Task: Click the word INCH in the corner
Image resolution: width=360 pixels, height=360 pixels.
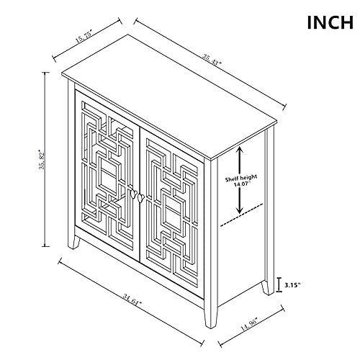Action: (x=330, y=22)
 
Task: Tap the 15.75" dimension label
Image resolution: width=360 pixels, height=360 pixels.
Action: (x=84, y=37)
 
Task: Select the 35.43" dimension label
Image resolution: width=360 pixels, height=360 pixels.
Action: (x=212, y=60)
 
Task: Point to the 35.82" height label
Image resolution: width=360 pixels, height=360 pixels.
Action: (x=42, y=160)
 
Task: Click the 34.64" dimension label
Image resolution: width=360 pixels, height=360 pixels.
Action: (x=132, y=300)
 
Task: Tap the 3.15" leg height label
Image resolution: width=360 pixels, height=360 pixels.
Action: (x=292, y=285)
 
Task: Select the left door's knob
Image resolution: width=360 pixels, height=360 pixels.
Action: (x=133, y=194)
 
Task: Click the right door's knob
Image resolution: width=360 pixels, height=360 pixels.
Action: (x=141, y=197)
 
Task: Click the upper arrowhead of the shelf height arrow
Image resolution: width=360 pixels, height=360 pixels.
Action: (x=240, y=150)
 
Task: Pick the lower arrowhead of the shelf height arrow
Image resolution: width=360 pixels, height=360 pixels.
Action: (x=240, y=210)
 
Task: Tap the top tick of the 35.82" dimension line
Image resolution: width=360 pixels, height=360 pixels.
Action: (x=45, y=72)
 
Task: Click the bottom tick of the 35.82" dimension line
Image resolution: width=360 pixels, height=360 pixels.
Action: (x=45, y=246)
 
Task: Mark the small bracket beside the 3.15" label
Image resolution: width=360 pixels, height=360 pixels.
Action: (x=279, y=285)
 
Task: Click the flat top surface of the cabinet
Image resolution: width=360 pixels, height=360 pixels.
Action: (x=169, y=96)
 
